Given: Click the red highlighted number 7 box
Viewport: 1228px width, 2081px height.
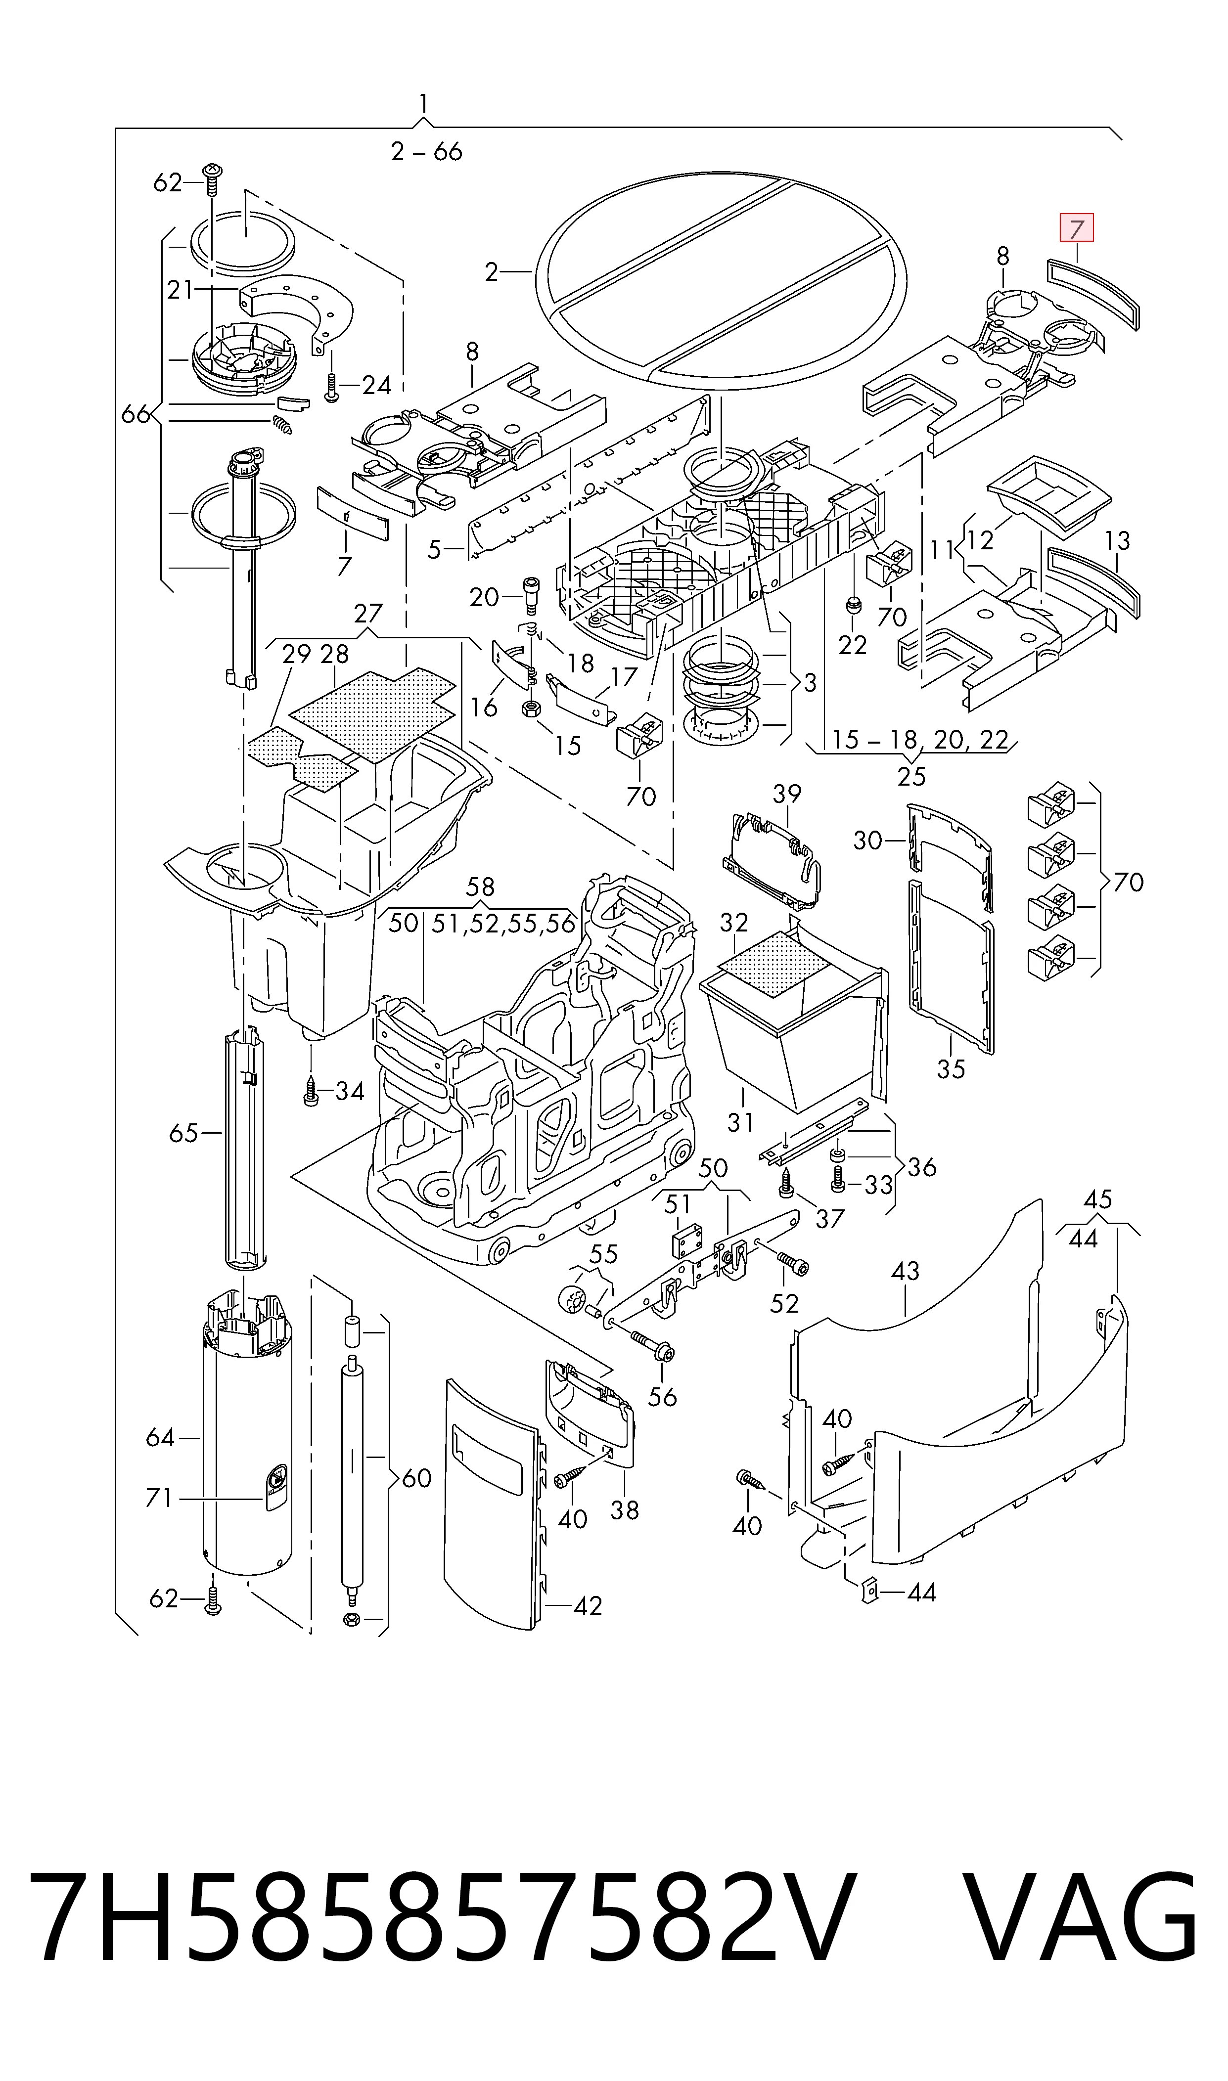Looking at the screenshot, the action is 1077,227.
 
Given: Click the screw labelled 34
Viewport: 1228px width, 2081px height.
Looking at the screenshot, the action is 311,1092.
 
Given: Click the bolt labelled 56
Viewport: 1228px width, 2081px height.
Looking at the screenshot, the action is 653,1344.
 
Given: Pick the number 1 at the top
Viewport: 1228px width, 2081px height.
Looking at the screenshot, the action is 424,103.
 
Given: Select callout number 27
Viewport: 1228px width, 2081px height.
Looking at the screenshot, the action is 368,613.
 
